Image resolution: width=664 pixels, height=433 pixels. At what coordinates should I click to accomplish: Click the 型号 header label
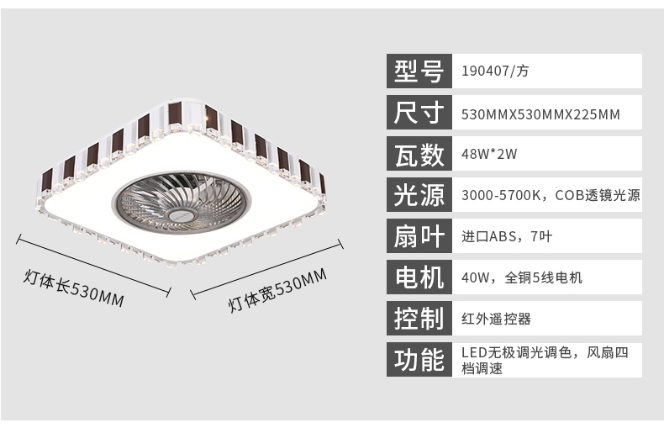(419, 71)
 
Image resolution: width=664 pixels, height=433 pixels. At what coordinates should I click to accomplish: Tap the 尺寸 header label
(419, 113)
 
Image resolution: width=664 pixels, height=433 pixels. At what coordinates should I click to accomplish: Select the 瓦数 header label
(419, 153)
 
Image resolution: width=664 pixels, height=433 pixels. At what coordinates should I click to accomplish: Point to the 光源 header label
(419, 195)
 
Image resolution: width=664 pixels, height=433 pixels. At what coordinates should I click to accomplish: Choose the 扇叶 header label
(419, 236)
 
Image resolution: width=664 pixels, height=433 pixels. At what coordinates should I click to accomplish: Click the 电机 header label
(419, 277)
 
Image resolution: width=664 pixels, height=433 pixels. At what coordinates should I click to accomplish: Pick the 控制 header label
(419, 319)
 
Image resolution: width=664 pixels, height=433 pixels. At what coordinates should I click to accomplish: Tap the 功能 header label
(419, 360)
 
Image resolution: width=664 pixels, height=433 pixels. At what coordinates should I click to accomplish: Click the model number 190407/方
(495, 71)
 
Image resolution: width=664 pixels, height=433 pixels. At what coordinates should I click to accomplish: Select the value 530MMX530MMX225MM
(540, 114)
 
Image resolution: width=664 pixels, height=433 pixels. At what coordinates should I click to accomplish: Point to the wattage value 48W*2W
(489, 154)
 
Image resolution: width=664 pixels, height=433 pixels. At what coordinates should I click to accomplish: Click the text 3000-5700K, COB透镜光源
(551, 195)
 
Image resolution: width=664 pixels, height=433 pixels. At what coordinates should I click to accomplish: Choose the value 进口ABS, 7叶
(507, 236)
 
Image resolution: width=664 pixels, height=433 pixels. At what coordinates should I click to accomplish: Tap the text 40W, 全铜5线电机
(522, 277)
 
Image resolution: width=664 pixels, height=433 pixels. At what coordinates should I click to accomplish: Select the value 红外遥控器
(496, 319)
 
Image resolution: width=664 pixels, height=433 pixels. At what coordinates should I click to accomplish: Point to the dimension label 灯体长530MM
(74, 288)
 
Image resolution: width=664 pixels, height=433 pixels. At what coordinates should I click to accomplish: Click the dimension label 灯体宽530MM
(278, 290)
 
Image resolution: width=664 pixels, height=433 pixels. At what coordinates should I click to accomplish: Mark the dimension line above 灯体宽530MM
(266, 269)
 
